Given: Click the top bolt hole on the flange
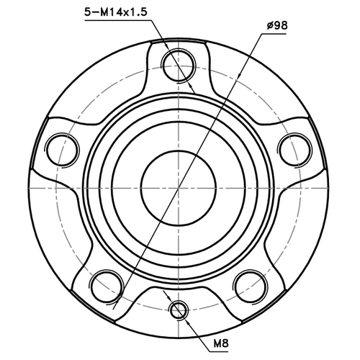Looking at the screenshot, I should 178,65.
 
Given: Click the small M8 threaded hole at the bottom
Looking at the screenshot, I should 179,310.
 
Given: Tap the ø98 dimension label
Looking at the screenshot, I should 276,27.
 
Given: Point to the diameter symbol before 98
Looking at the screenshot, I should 268,27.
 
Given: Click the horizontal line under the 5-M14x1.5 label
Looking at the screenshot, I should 119,21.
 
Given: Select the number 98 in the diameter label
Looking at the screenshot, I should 281,27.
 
